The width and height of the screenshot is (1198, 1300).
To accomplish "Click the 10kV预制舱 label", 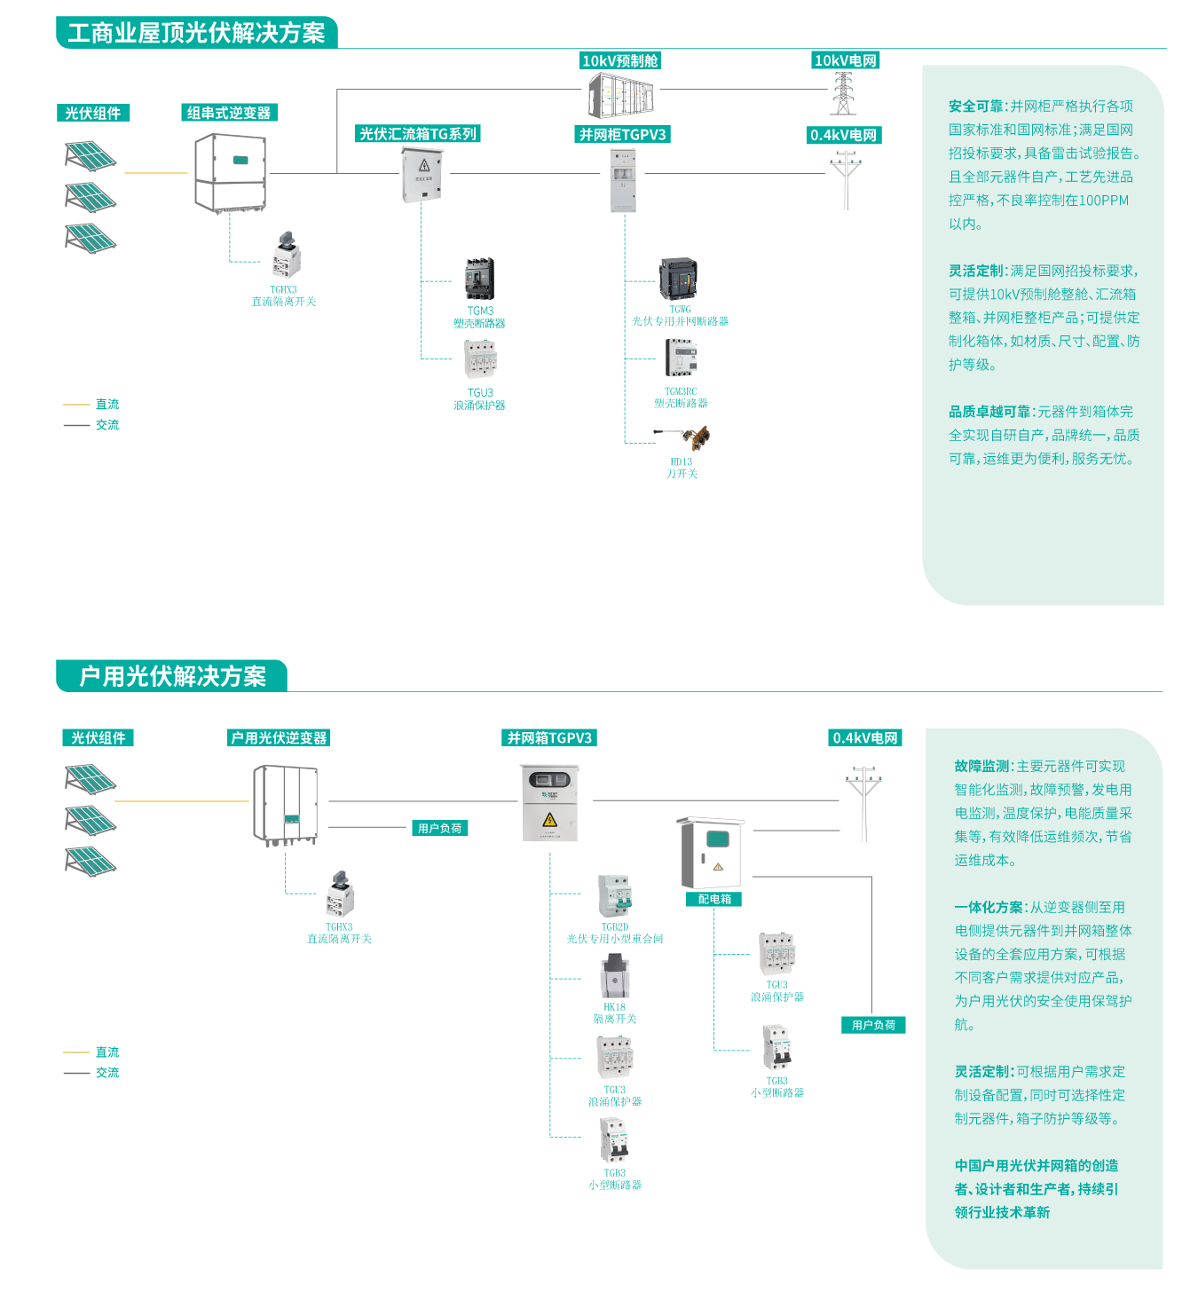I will click(620, 60).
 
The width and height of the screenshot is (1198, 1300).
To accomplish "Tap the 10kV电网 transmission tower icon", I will click(843, 93).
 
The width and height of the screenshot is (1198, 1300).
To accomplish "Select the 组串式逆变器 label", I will click(229, 113).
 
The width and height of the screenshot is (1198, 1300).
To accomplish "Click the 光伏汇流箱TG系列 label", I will click(418, 134).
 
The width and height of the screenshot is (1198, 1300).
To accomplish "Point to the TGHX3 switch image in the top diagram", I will click(286, 255).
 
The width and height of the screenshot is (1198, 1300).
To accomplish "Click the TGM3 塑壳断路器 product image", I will click(479, 279).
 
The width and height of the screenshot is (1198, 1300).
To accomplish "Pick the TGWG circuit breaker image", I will click(678, 279).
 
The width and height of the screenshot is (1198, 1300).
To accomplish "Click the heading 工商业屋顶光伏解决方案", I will click(196, 33).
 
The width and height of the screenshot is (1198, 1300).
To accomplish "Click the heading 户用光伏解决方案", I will click(172, 676).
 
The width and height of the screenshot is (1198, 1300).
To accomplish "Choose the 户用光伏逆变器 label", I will click(279, 737).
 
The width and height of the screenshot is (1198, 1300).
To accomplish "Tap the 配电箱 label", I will click(714, 899).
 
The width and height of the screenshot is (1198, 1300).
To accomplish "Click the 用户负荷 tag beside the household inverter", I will click(440, 828).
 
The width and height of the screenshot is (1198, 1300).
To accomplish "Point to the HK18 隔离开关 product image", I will click(614, 976).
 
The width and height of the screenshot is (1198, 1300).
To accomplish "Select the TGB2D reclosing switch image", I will click(614, 896).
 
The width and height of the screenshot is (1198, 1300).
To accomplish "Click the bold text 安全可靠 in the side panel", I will click(976, 106).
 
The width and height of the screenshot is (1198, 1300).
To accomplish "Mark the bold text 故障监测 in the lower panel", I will click(982, 766).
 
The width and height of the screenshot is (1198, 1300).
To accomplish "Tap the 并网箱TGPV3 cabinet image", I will click(549, 802).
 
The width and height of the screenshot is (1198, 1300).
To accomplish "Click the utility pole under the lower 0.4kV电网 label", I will click(863, 803).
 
